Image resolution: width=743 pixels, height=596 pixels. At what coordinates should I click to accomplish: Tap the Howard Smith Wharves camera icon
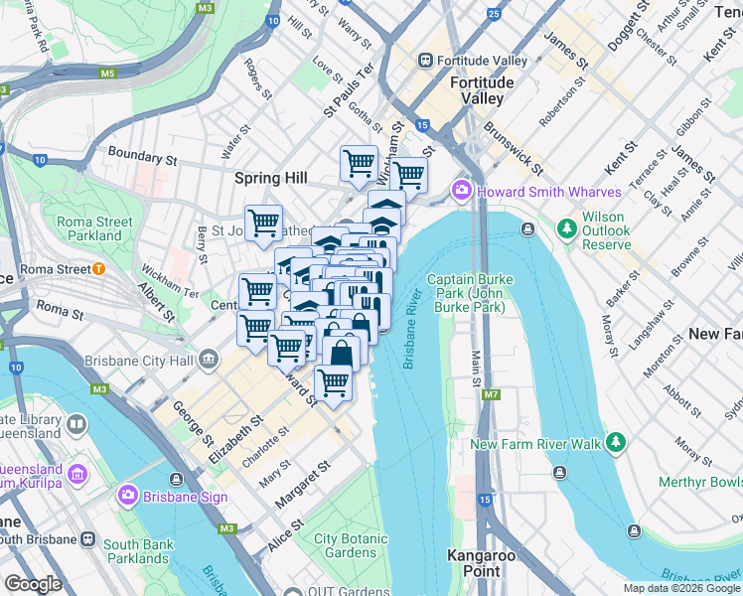tap(462, 191)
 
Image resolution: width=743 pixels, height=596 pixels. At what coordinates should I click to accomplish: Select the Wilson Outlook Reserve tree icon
tap(567, 229)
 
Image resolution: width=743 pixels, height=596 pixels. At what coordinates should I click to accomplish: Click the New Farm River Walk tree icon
tap(617, 442)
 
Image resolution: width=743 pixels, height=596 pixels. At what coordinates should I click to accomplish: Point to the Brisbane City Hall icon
tap(209, 358)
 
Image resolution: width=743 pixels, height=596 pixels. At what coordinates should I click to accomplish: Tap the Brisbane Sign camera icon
tap(128, 496)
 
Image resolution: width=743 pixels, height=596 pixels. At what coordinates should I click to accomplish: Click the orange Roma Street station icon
tap(98, 268)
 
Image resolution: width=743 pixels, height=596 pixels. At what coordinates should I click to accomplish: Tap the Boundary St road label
tap(142, 156)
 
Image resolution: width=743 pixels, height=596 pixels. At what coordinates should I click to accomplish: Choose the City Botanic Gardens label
tap(346, 545)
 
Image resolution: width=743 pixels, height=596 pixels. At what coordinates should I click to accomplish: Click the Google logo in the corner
tap(34, 584)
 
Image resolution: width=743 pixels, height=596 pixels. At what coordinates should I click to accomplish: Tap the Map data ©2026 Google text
tap(680, 588)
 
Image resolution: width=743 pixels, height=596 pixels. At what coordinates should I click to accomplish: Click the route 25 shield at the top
tap(494, 14)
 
